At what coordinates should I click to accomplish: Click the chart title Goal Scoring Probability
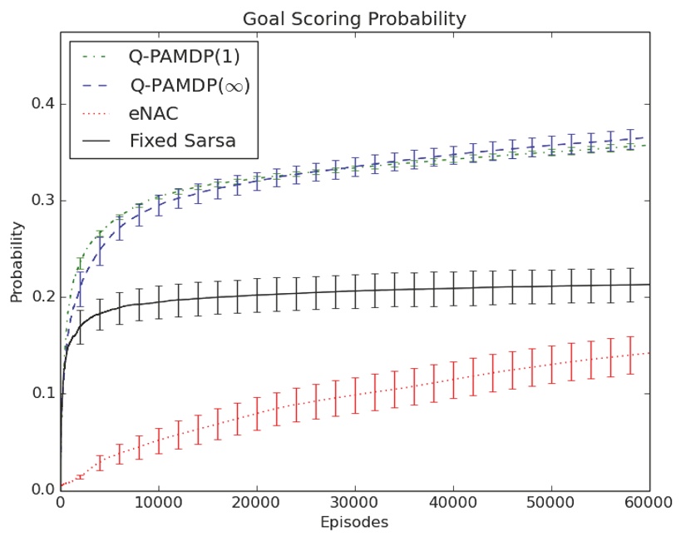coord(353,18)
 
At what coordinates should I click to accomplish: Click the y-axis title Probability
coord(17,260)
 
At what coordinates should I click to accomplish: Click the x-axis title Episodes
coord(353,523)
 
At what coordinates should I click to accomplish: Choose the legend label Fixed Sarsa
coord(183,140)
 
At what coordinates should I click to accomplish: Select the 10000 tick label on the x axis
coord(158,504)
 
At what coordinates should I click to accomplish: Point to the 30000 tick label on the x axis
coord(354,504)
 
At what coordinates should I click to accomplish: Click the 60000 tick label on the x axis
coord(649,504)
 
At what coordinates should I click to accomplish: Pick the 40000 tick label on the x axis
coord(452,504)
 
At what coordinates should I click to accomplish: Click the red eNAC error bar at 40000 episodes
coord(453,380)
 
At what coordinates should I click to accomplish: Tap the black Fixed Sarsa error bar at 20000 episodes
coord(257,295)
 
